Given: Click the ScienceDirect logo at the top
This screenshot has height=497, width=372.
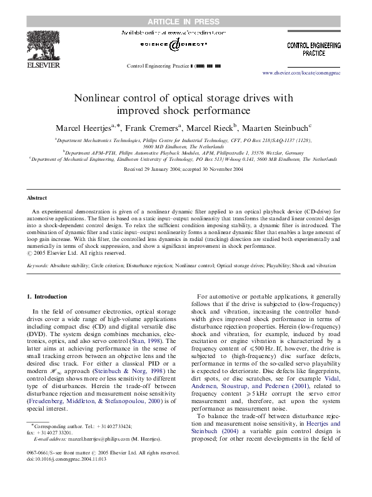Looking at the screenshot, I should tap(181, 43).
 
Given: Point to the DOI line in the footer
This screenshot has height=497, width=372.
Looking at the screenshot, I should tap(67, 458).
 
